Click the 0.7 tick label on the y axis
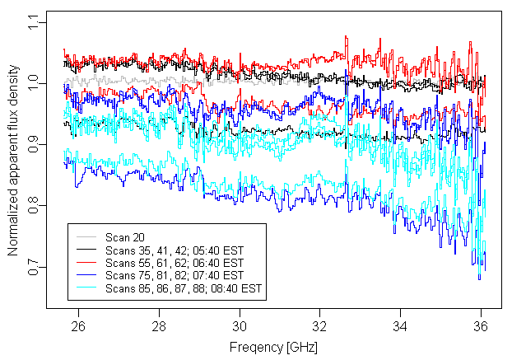coord(33,267)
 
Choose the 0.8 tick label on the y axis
coord(33,204)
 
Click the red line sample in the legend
coord(87,262)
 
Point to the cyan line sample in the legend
coord(87,288)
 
